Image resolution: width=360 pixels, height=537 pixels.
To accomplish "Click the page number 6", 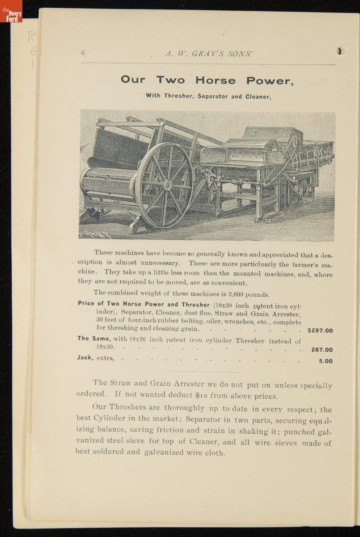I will pyautogui.click(x=83, y=52).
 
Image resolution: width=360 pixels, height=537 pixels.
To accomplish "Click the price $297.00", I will pyautogui.click(x=320, y=331).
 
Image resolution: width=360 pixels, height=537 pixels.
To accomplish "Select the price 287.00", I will pyautogui.click(x=322, y=350).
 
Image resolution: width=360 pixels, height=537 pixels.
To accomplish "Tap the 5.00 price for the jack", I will pyautogui.click(x=326, y=361).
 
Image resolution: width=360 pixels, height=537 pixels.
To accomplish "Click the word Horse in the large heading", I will pyautogui.click(x=215, y=81).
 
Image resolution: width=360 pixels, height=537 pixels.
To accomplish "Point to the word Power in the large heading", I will pyautogui.click(x=269, y=81).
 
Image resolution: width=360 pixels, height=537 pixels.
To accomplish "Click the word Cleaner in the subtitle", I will pyautogui.click(x=258, y=96).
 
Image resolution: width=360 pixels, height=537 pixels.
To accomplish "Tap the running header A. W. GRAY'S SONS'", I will pyautogui.click(x=208, y=53).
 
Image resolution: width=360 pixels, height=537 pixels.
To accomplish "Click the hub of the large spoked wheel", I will pyautogui.click(x=166, y=184).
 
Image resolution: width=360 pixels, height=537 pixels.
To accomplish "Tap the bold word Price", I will pyautogui.click(x=86, y=303).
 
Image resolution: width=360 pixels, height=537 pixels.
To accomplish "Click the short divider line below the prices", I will pyautogui.click(x=203, y=371).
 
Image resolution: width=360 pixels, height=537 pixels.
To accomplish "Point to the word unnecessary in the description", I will pyautogui.click(x=160, y=263).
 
